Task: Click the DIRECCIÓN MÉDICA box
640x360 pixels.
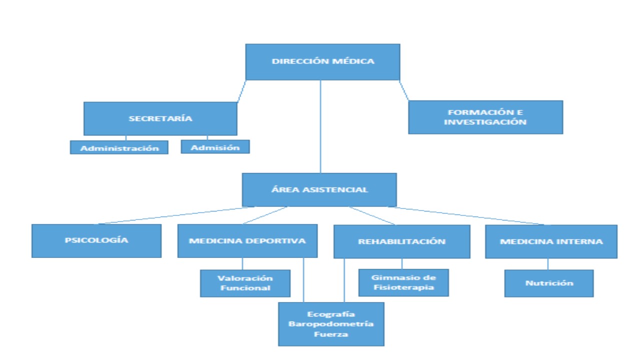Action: pos(322,62)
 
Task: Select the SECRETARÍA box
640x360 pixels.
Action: pos(160,118)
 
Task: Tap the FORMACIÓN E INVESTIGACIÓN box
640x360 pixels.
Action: pos(485,117)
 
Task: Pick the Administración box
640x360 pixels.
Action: pos(119,147)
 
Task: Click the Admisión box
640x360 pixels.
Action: pos(215,147)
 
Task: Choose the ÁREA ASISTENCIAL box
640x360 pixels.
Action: pos(319,189)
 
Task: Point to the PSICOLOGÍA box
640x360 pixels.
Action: pos(96,240)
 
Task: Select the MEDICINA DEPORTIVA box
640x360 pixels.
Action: pos(247,241)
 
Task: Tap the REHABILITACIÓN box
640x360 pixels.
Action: pos(401,241)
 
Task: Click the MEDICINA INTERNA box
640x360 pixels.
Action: pos(551,241)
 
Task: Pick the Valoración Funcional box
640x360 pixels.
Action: pos(245,283)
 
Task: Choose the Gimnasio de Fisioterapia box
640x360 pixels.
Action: pos(403,282)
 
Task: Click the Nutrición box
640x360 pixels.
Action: pos(548,283)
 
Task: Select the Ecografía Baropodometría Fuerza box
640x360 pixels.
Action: pos(331,324)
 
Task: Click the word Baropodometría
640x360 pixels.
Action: pos(331,324)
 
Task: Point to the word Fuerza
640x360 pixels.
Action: pos(331,334)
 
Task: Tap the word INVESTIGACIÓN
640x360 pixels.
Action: pos(485,122)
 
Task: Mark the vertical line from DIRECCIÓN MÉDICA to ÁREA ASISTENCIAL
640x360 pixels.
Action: pos(320,127)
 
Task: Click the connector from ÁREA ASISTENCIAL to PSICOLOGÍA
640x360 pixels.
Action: pos(175,215)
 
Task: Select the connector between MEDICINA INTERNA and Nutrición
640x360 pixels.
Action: pos(547,264)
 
